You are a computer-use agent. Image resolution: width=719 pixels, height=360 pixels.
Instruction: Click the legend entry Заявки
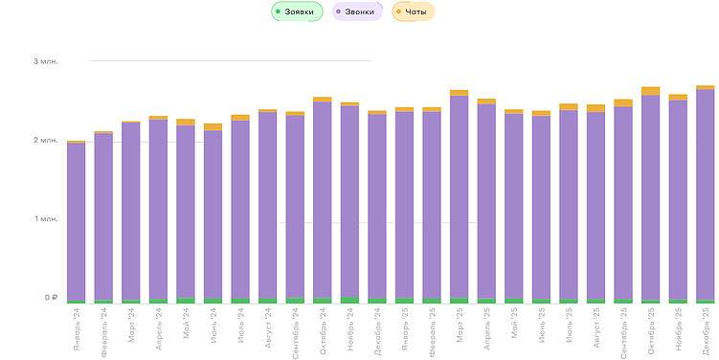pyautogui.click(x=297, y=11)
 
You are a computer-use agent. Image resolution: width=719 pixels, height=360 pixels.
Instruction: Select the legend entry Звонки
pyautogui.click(x=358, y=11)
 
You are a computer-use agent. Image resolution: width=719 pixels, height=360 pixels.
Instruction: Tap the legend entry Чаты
pyautogui.click(x=414, y=11)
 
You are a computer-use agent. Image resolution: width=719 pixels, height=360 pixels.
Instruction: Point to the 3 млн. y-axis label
pyautogui.click(x=45, y=61)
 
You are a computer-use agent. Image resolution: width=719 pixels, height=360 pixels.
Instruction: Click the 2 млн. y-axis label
pyautogui.click(x=45, y=141)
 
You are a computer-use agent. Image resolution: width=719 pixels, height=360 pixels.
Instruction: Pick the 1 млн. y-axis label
pyautogui.click(x=45, y=219)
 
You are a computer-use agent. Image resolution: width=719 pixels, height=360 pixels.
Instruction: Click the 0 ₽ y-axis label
pyautogui.click(x=50, y=298)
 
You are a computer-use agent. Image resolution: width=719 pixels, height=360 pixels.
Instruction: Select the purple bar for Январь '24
pyautogui.click(x=77, y=220)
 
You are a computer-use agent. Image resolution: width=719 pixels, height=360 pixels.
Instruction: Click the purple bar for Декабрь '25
pyautogui.click(x=706, y=191)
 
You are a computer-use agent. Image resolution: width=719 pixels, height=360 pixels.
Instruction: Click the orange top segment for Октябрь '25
pyautogui.click(x=651, y=91)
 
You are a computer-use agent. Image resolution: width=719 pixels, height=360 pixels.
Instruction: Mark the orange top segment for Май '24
pyautogui.click(x=186, y=123)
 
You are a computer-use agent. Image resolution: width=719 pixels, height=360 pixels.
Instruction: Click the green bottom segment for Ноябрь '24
pyautogui.click(x=349, y=300)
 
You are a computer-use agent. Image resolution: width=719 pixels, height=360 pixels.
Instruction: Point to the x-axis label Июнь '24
pyautogui.click(x=213, y=325)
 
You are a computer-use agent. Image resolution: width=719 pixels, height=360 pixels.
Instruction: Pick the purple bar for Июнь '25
pyautogui.click(x=542, y=206)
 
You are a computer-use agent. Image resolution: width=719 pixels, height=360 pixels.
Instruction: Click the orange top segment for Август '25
pyautogui.click(x=596, y=108)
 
